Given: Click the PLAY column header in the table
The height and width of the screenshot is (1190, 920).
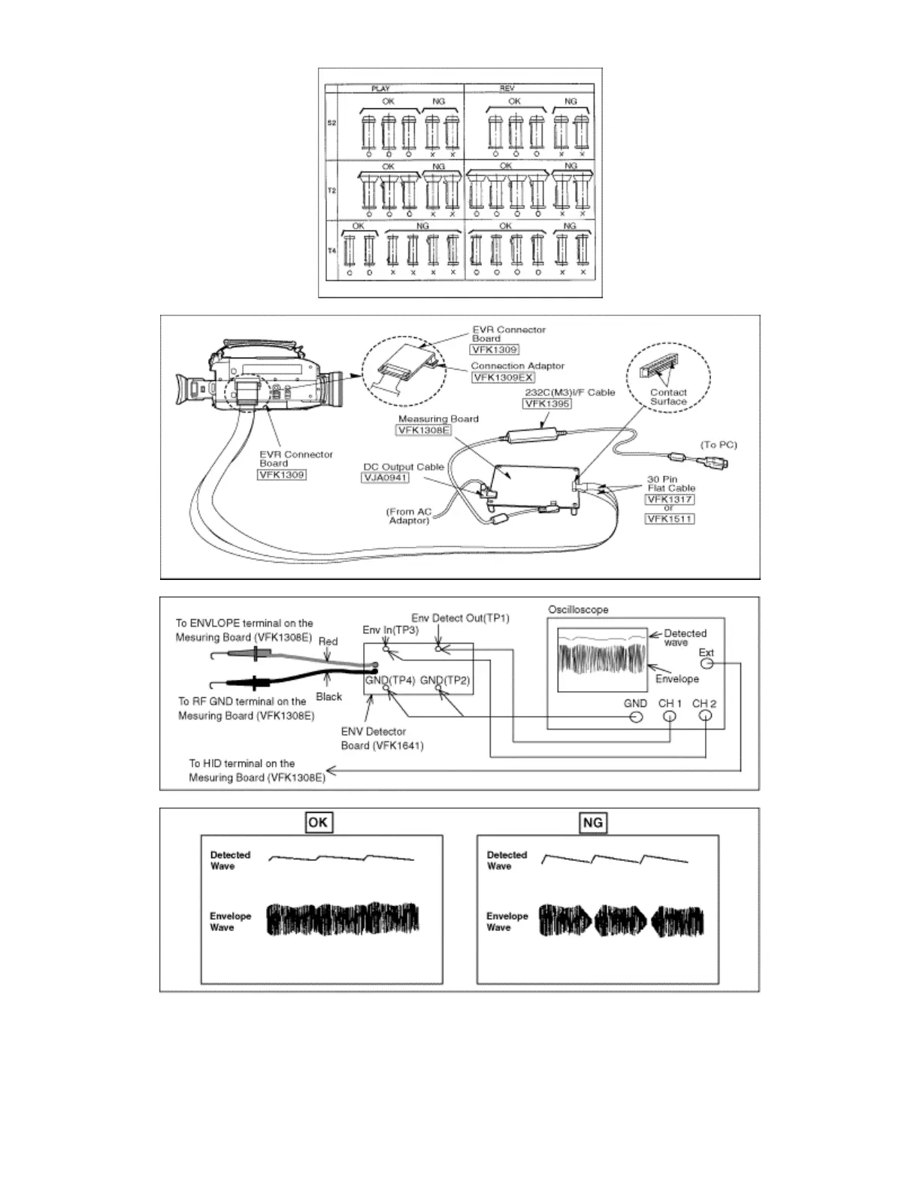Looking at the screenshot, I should pos(380,89).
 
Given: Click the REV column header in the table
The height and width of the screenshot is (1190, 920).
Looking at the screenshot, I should pos(507,89).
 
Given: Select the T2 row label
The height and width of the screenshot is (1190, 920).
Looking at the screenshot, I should pos(331,191).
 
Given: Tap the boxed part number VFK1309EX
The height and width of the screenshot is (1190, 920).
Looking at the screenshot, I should pos(503,377).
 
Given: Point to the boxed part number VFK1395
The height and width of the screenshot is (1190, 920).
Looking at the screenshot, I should pos(547,403).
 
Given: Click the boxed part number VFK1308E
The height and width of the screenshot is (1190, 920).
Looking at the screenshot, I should pos(423,430).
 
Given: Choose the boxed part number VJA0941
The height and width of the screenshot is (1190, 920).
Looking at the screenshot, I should pos(386,477).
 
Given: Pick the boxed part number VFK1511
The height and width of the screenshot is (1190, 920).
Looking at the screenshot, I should pos(669,518).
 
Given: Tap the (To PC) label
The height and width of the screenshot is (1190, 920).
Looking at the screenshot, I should pos(719,445).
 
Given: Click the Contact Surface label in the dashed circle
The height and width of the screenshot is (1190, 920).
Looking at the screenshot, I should pos(668,397).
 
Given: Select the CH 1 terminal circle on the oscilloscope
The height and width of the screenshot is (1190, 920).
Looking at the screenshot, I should pos(670,716).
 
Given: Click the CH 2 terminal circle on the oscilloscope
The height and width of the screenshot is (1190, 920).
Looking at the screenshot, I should pos(705,716).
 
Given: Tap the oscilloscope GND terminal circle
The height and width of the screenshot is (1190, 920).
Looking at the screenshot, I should pos(636,716).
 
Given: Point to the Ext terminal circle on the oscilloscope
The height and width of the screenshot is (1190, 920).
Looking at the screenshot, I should pos(707,663).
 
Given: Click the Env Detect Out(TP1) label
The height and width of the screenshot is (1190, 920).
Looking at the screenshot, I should pos(460,618).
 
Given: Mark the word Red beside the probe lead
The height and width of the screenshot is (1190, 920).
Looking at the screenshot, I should pos(328,642).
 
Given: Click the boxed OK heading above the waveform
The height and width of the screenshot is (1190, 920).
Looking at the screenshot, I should pos(318,822).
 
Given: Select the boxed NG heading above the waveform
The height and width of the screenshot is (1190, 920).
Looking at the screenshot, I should pos(593,822).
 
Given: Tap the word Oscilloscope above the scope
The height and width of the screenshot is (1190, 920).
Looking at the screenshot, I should pos(578,609).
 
